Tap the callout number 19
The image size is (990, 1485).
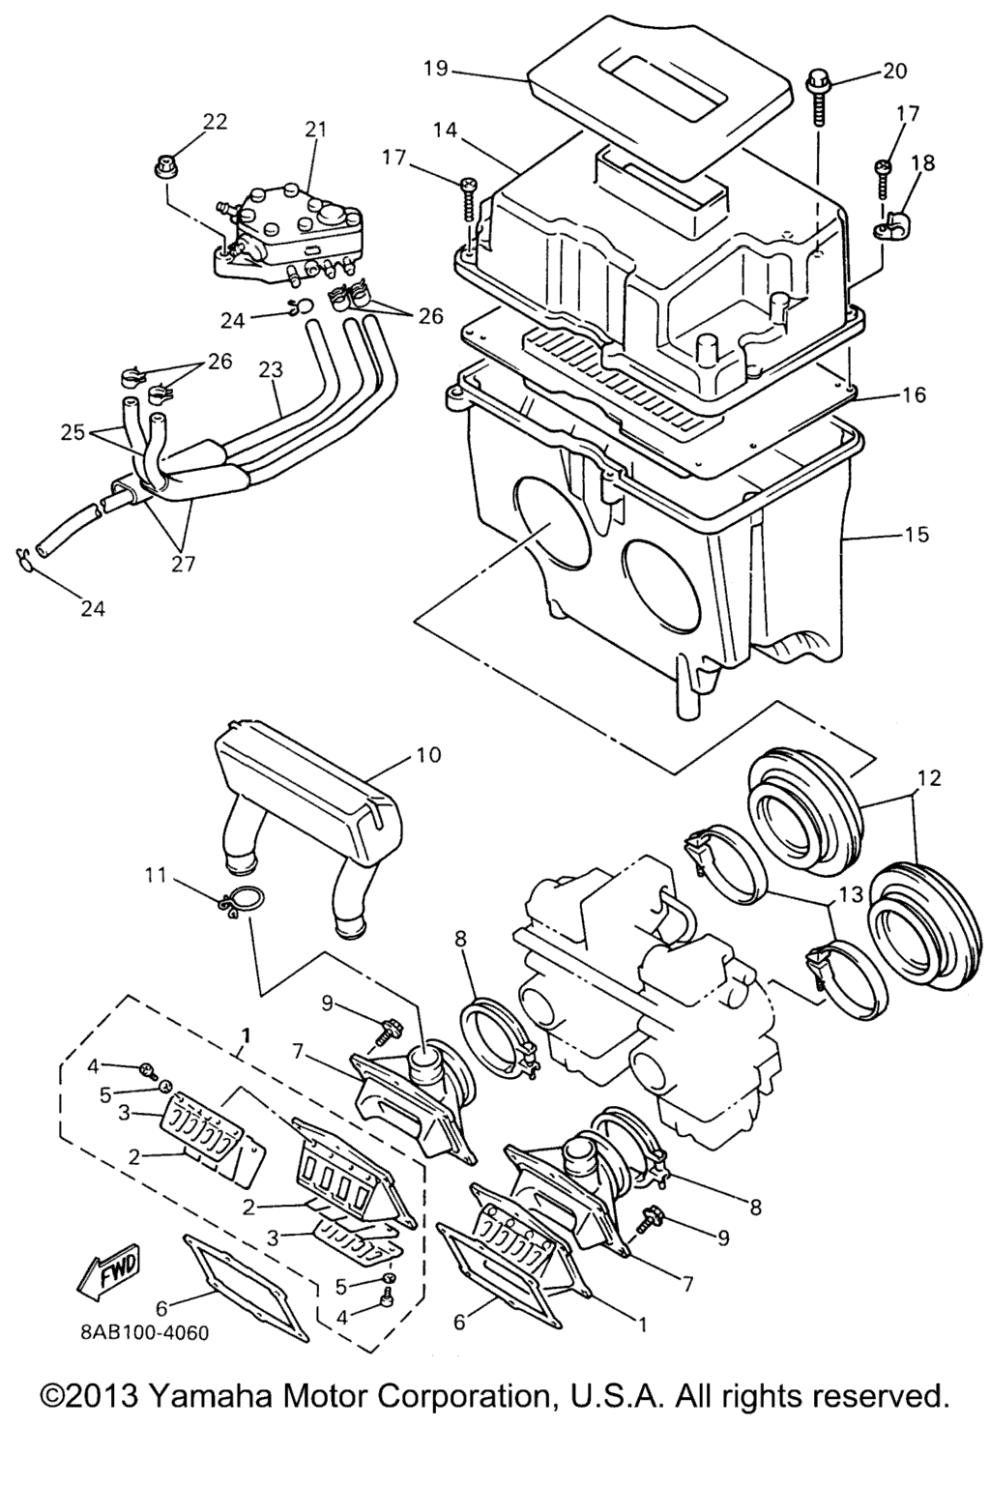pos(438,69)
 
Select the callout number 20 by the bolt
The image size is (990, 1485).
pos(894,70)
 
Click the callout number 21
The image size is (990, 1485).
pos(315,130)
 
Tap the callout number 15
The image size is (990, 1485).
pos(916,535)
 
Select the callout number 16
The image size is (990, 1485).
pos(913,395)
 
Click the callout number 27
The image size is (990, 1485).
pos(184,564)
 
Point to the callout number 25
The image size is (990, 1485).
pos(73,432)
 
